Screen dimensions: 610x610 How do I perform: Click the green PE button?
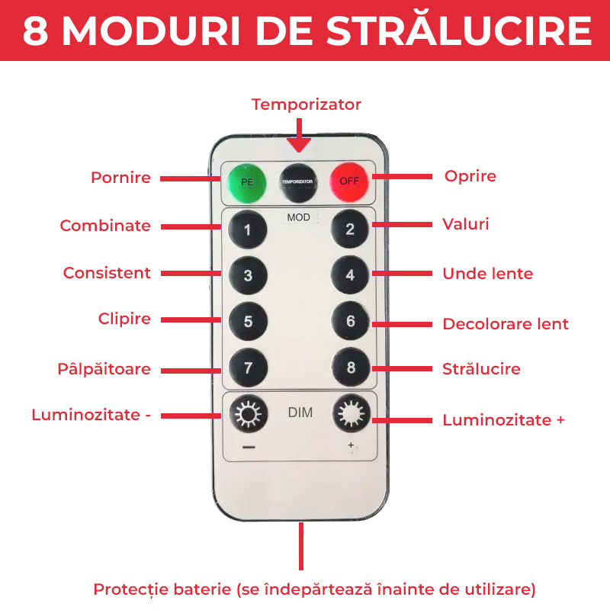(x=247, y=182)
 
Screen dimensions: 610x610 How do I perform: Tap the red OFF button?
(x=349, y=182)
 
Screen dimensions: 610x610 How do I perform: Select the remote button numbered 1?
(x=247, y=230)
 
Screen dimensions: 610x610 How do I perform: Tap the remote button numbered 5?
(x=248, y=321)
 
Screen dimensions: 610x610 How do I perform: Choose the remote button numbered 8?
(x=351, y=368)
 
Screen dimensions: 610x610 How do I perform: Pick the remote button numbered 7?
(x=248, y=368)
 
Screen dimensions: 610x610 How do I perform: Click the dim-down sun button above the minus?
(x=247, y=415)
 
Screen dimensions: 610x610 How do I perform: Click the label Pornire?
(x=120, y=178)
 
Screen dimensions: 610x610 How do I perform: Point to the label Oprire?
(x=470, y=176)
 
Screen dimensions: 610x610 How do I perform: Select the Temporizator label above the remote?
(x=307, y=104)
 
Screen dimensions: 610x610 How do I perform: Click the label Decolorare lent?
(x=505, y=324)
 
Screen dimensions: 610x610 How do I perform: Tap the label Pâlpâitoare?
(x=104, y=369)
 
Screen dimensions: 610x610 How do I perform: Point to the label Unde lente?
(x=487, y=274)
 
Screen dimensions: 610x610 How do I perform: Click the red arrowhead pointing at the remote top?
(x=300, y=143)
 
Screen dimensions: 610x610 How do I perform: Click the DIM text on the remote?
(x=300, y=413)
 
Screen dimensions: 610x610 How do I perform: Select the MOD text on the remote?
(x=298, y=217)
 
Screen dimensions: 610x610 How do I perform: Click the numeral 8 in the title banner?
(x=37, y=30)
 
